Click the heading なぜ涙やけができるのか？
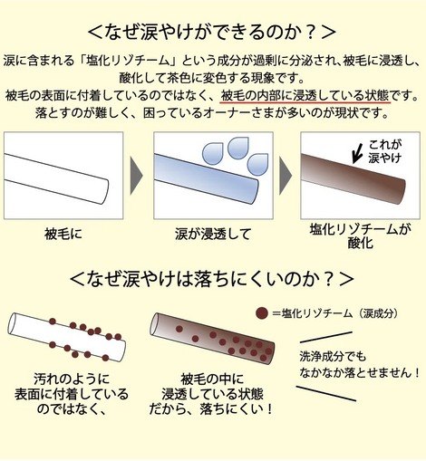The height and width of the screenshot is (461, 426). (x=212, y=32)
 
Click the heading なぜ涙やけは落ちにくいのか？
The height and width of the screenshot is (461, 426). (x=212, y=278)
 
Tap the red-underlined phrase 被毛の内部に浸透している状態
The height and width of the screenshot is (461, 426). (x=305, y=96)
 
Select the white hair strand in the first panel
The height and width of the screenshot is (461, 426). (x=56, y=178)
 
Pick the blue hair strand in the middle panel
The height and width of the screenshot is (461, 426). (x=206, y=179)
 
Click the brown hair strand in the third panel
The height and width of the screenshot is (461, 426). (x=353, y=178)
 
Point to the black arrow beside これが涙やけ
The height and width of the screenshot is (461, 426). (x=357, y=154)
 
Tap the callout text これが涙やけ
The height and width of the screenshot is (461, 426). (x=384, y=150)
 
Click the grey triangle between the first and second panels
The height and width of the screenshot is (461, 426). (x=136, y=176)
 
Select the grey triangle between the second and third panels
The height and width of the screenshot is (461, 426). (x=286, y=176)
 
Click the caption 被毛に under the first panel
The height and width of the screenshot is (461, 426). (x=63, y=234)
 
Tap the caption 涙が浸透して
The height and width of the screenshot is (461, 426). (x=213, y=234)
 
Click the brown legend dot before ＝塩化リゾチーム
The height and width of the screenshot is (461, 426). (x=262, y=313)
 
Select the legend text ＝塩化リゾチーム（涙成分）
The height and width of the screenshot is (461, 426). (x=335, y=313)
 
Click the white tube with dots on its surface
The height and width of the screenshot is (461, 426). (x=66, y=337)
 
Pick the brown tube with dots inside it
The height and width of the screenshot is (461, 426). (x=212, y=338)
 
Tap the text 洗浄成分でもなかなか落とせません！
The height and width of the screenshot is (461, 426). (x=359, y=364)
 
